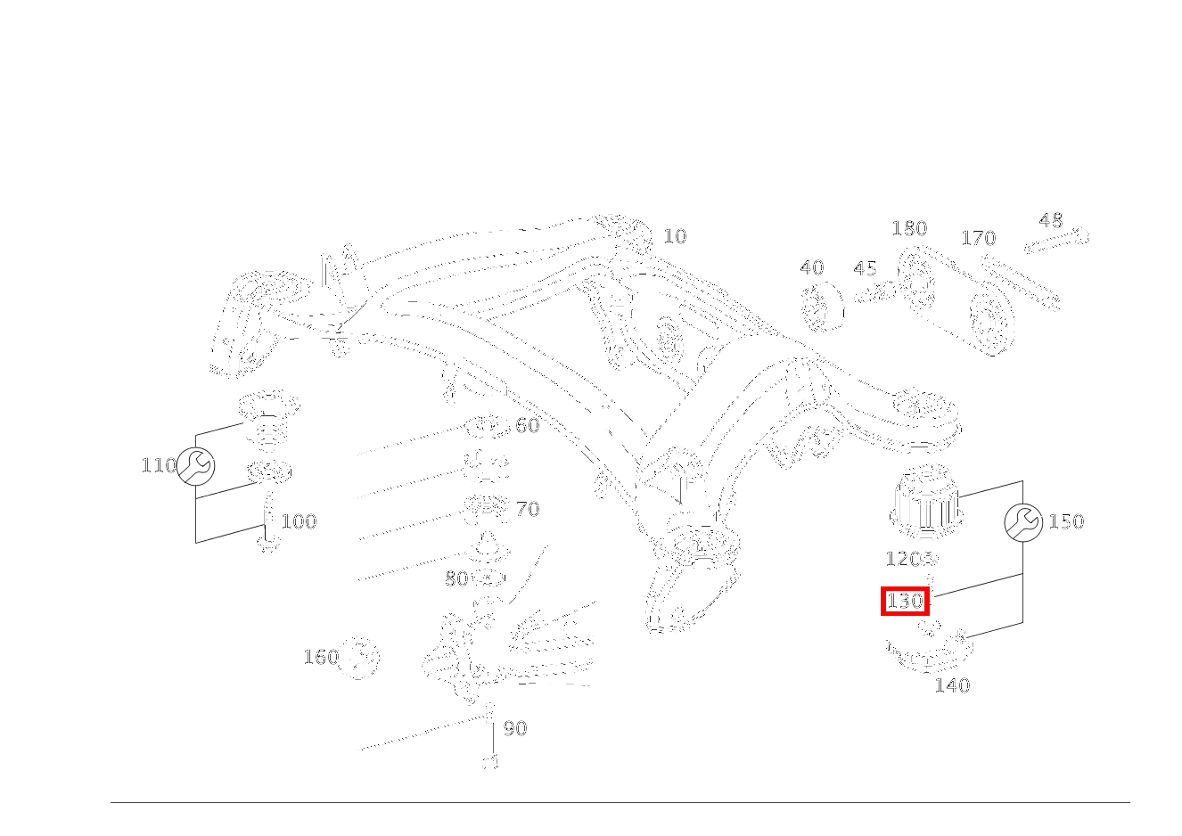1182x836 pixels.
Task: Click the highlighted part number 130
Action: [905, 602]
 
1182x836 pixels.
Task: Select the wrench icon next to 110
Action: [196, 466]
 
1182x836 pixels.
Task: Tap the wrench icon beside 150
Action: [1022, 522]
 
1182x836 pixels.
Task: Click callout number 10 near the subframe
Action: [675, 236]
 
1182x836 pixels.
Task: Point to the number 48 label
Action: [1051, 220]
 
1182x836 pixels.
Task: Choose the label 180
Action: [909, 229]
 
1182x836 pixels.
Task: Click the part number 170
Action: [978, 238]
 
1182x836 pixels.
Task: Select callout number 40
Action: [811, 267]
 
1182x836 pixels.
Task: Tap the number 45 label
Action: [865, 268]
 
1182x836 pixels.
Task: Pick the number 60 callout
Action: [528, 425]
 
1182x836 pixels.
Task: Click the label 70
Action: [528, 509]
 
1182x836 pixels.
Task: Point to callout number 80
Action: [456, 579]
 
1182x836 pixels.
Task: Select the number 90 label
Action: [515, 728]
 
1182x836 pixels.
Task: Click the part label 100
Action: [299, 521]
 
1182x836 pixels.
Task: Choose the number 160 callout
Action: [321, 657]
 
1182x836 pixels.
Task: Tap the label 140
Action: [952, 685]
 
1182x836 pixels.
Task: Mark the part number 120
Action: [902, 559]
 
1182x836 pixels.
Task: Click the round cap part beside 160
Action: [360, 658]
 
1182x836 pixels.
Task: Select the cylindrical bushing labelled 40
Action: [822, 307]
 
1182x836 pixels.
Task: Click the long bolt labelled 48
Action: [1057, 240]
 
